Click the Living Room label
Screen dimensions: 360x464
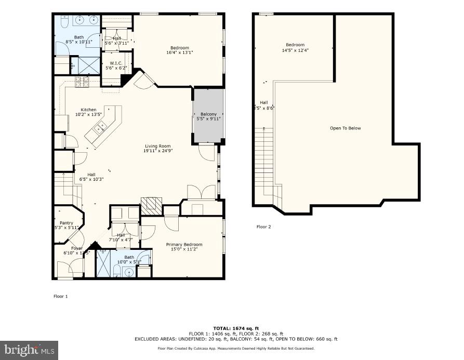pos(157,146)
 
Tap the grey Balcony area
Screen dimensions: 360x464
pos(208,116)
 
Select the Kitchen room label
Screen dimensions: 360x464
pos(88,110)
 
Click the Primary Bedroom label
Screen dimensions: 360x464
pos(184,244)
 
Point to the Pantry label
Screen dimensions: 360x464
pos(67,223)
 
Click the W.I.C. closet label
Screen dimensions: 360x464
pos(115,63)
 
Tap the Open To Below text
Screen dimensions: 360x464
pos(345,128)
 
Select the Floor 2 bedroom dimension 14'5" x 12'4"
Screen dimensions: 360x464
pos(295,50)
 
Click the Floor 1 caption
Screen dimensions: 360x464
pos(61,296)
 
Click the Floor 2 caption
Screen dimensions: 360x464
pos(263,226)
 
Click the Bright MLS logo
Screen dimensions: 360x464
pos(30,350)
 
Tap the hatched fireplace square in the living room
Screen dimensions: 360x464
pos(152,206)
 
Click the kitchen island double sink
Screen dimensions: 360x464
pos(101,125)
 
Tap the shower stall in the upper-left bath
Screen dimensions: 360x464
pos(81,65)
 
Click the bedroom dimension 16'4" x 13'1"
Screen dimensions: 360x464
pos(179,52)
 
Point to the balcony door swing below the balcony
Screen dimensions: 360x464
pos(207,152)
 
